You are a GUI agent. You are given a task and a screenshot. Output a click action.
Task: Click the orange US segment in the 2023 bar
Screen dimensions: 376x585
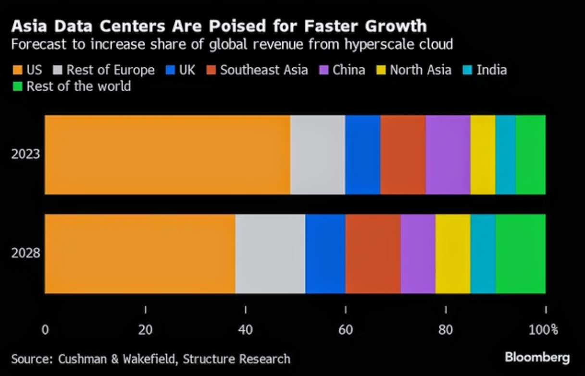167,155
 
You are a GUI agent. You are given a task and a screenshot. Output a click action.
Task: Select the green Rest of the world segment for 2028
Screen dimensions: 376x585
520,254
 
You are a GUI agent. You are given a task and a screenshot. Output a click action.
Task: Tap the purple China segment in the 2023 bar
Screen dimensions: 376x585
448,155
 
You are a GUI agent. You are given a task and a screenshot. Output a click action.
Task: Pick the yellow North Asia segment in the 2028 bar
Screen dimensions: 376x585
452,254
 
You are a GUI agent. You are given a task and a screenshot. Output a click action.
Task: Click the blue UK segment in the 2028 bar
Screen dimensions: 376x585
325,254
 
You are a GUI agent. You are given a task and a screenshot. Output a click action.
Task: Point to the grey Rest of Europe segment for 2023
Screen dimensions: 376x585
317,155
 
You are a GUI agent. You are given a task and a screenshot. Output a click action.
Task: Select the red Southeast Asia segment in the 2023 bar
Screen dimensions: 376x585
403,155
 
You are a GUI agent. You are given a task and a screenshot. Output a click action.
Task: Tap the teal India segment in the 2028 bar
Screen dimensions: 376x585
483,254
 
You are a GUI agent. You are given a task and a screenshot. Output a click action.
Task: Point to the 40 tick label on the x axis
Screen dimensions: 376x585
245,330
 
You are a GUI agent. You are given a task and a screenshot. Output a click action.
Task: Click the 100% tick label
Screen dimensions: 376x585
544,330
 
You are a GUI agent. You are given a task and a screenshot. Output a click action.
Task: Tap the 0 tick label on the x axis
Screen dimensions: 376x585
45,330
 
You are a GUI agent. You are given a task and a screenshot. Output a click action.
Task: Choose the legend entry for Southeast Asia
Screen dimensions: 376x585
263,70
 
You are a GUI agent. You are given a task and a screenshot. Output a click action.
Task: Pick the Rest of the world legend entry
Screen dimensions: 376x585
78,86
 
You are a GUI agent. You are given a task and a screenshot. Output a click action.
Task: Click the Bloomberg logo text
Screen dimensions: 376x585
537,357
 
